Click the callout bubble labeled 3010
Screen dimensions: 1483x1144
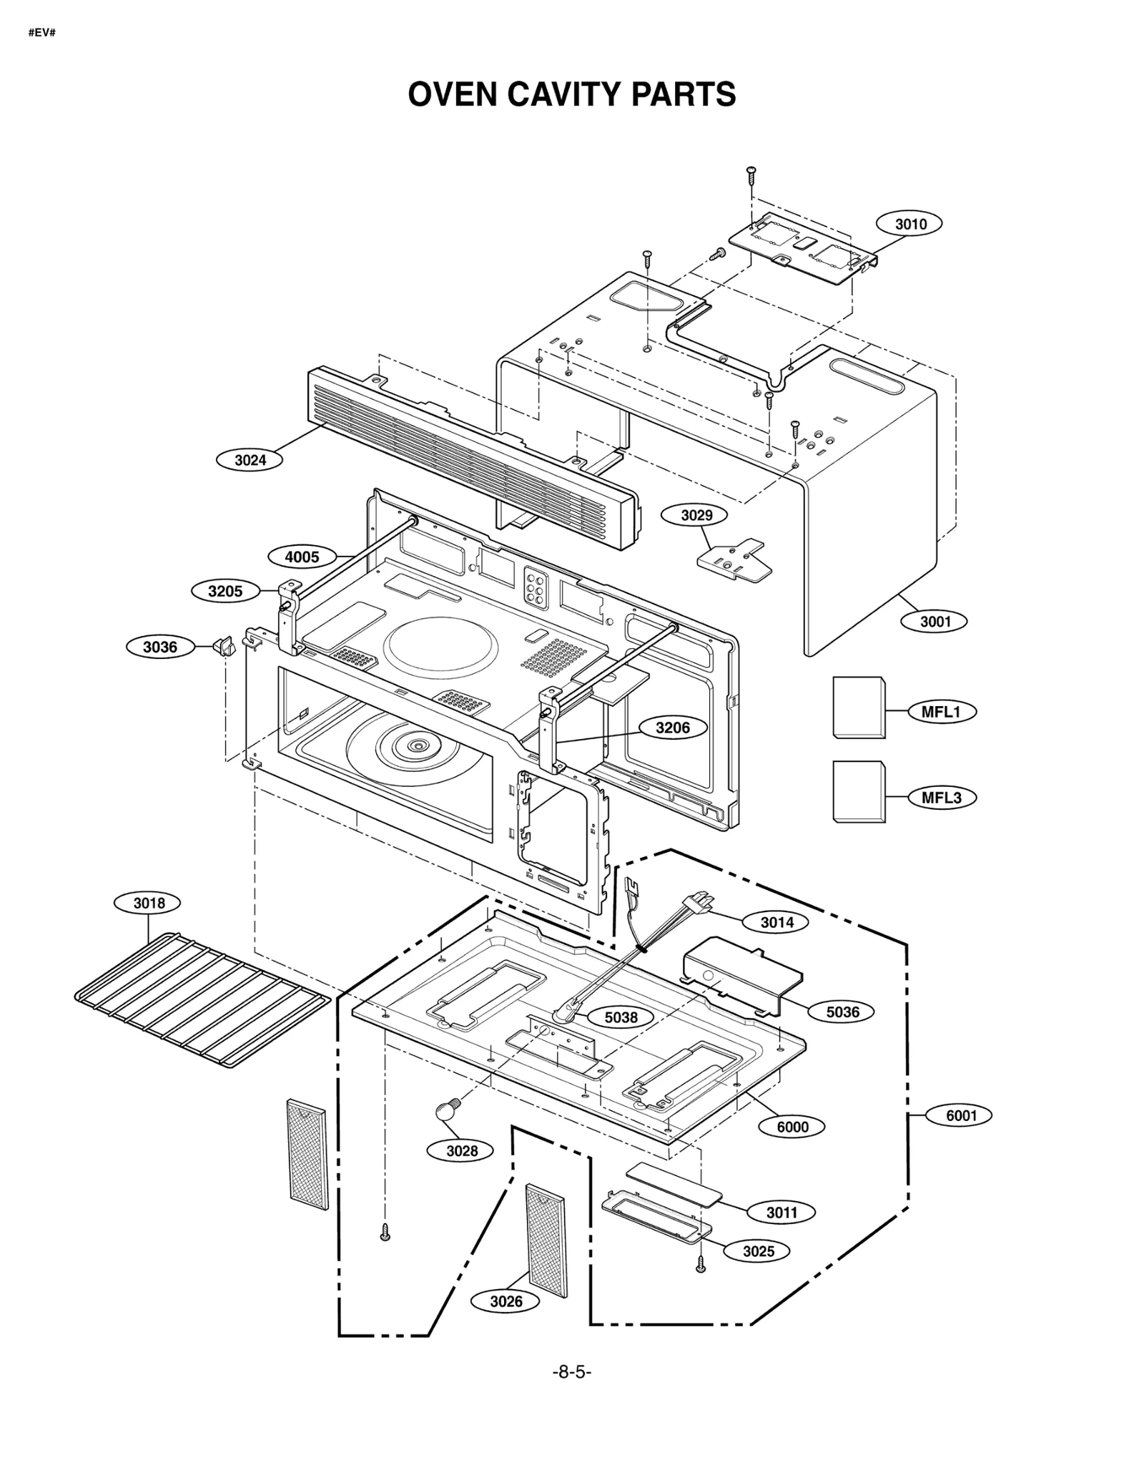pyautogui.click(x=910, y=224)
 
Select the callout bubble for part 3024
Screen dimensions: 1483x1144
pyautogui.click(x=250, y=460)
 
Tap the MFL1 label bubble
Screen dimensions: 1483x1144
pyautogui.click(x=942, y=712)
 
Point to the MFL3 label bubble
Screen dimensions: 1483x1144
pyautogui.click(x=942, y=798)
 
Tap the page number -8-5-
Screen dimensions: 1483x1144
pyautogui.click(x=571, y=1371)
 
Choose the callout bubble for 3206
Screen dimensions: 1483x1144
pyautogui.click(x=673, y=728)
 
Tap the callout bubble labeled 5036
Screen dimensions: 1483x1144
pyautogui.click(x=842, y=1012)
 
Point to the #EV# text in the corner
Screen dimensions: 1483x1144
pyautogui.click(x=41, y=34)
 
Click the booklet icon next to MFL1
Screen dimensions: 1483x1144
pyautogui.click(x=858, y=707)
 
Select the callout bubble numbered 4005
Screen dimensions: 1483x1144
pyautogui.click(x=302, y=557)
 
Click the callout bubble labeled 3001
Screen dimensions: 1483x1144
pyautogui.click(x=935, y=622)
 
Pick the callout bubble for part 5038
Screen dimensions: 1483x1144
pyautogui.click(x=621, y=1017)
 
